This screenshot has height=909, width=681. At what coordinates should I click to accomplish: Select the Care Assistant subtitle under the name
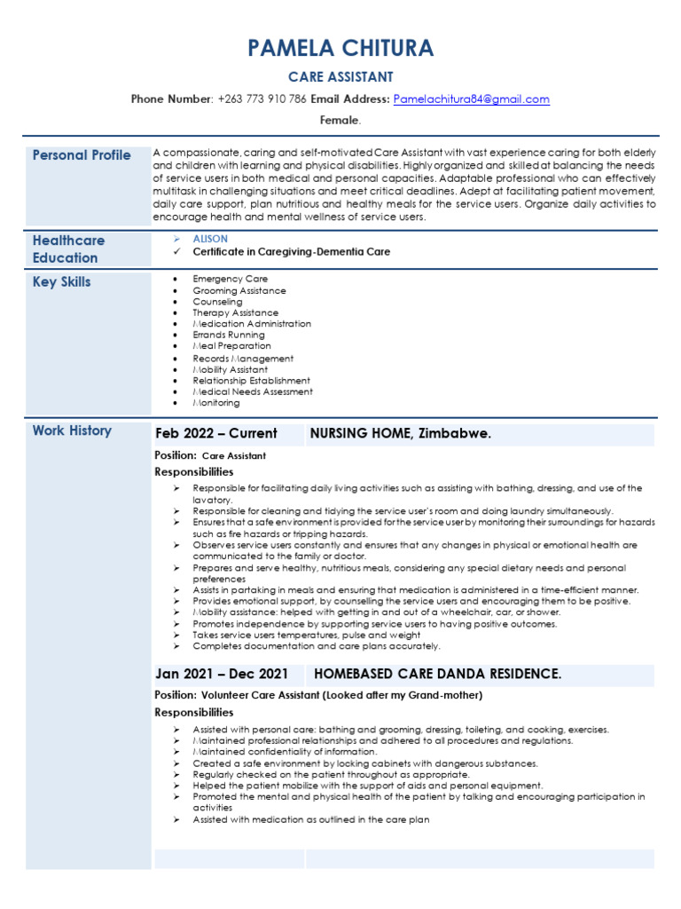[x=340, y=77]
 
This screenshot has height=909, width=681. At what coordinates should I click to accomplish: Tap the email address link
[x=471, y=99]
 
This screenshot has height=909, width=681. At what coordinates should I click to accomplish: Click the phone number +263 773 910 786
[x=262, y=99]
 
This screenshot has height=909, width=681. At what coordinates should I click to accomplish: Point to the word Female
[x=340, y=120]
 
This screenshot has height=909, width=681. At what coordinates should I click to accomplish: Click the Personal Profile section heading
[x=82, y=155]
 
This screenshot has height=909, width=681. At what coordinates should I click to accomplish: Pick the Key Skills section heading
[x=62, y=282]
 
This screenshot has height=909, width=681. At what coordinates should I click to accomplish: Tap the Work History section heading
[x=72, y=431]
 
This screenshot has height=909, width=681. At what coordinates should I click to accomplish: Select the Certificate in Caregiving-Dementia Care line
[x=291, y=252]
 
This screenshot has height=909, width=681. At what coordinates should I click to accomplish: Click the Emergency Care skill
[x=230, y=279]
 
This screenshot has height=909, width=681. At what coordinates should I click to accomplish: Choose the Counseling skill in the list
[x=217, y=302]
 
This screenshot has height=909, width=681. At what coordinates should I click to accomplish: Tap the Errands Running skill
[x=228, y=336]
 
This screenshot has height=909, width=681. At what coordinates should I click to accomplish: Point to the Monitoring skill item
[x=216, y=403]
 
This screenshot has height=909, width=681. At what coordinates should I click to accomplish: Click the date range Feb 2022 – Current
[x=216, y=434]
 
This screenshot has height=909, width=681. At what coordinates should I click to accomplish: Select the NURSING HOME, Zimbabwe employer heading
[x=400, y=434]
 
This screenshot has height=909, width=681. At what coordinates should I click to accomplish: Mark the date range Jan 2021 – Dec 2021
[x=222, y=674]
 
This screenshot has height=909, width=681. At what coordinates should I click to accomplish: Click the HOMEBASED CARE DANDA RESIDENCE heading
[x=437, y=674]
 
